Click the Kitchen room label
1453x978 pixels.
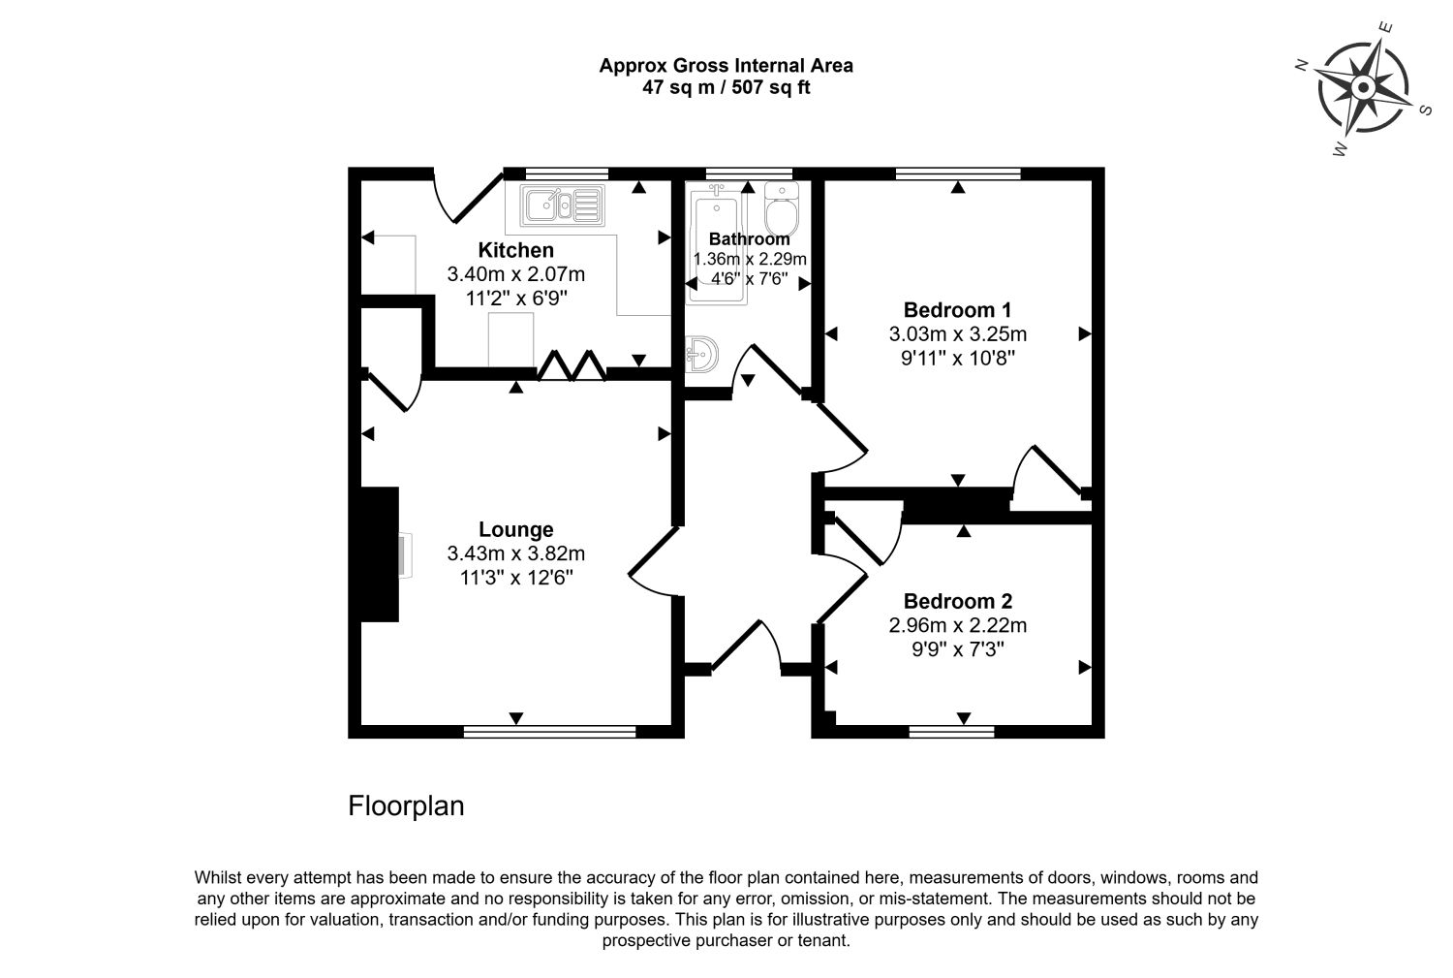[515, 250]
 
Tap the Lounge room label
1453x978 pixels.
[515, 529]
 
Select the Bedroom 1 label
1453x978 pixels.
[957, 310]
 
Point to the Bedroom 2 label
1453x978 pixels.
[957, 601]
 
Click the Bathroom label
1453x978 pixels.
[749, 238]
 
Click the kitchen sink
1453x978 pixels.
[562, 205]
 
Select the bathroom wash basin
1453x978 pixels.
[702, 355]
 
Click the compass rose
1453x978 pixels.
[1363, 88]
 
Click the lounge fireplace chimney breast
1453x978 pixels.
[379, 553]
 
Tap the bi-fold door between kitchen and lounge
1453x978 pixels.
[572, 365]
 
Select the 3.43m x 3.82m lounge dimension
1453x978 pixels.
[515, 553]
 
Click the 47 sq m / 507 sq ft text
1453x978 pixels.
[726, 87]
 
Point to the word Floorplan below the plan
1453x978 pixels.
[406, 806]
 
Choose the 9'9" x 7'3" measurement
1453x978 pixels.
[957, 649]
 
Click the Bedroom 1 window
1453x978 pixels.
[958, 174]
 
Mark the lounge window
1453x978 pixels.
[549, 732]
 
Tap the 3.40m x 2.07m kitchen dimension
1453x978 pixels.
[515, 274]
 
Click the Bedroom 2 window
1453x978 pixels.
[951, 732]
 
